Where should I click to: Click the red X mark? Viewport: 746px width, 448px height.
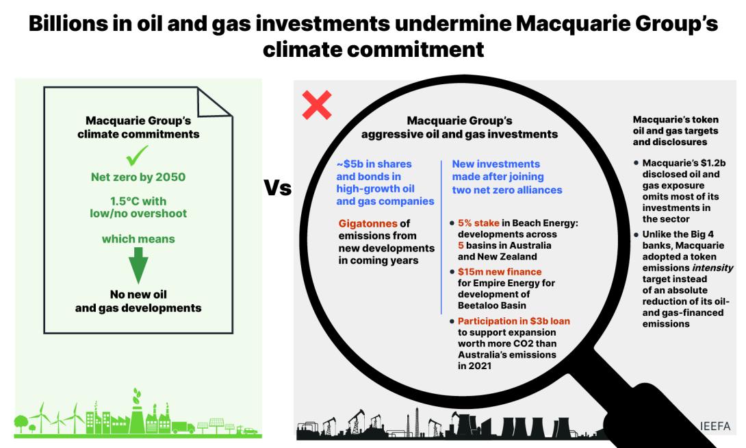click(x=316, y=105)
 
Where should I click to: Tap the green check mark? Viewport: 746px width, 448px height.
click(x=137, y=155)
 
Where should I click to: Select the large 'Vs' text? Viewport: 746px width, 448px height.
click(x=277, y=188)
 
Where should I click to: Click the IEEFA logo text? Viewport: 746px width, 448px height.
click(x=715, y=426)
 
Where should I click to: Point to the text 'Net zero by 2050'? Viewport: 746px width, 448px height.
click(x=138, y=177)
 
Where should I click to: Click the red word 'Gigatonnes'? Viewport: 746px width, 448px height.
click(x=368, y=223)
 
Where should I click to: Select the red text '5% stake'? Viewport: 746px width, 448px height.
click(x=478, y=223)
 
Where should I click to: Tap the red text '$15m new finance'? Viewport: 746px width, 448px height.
click(x=500, y=272)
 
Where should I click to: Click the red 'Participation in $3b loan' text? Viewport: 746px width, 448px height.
click(x=514, y=321)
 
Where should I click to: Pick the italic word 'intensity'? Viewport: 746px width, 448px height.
click(x=712, y=268)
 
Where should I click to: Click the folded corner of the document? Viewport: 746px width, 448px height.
click(x=214, y=102)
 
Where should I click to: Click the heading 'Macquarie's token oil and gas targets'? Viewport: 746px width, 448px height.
click(x=676, y=125)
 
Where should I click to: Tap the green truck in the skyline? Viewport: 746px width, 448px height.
click(x=183, y=427)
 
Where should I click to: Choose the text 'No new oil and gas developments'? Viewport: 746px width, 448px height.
click(x=138, y=301)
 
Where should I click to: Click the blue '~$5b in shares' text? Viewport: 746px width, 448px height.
click(x=374, y=164)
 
